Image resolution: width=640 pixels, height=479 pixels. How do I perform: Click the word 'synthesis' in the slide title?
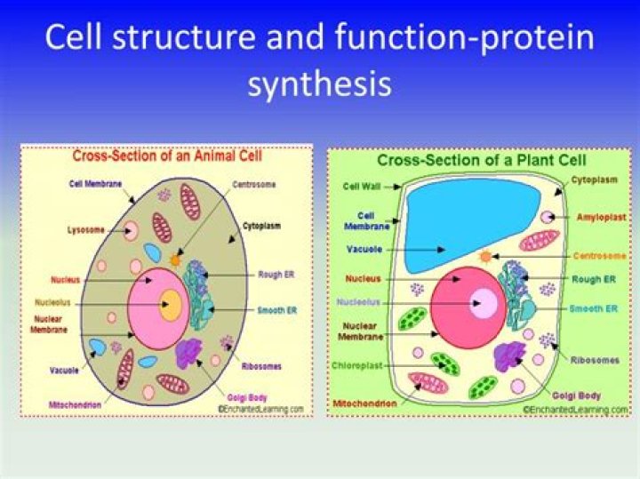point(319,84)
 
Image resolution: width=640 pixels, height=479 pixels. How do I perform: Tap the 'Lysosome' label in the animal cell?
point(85,230)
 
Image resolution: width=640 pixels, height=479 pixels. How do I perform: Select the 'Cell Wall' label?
point(361,187)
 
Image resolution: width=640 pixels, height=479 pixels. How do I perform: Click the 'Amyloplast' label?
point(599,216)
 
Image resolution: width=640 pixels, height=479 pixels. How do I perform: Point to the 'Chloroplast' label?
point(358,364)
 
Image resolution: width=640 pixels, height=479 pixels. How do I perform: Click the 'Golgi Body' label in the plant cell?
point(577,395)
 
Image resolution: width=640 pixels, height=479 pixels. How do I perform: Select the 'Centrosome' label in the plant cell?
point(599,256)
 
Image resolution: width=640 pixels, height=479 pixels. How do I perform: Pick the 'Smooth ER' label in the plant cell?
point(594,308)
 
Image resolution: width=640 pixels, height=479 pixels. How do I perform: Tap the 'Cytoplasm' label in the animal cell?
point(262,226)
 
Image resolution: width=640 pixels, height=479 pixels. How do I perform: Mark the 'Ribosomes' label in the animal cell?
point(262,364)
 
